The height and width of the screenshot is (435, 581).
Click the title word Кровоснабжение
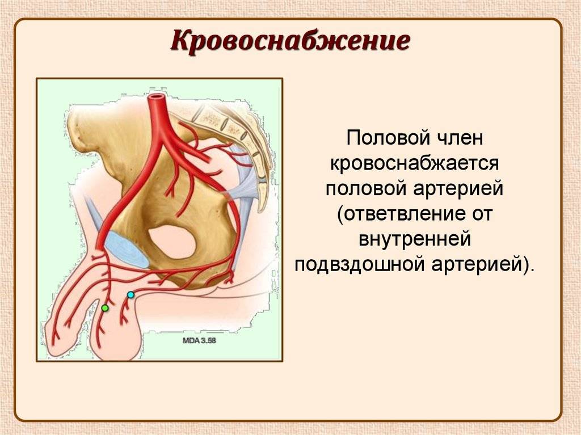click(290, 41)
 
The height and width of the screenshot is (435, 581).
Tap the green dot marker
click(105, 308)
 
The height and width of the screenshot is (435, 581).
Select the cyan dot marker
click(130, 295)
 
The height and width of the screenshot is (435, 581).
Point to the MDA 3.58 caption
click(199, 340)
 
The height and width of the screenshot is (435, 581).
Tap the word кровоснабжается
click(414, 164)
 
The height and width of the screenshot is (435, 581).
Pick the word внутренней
click(415, 239)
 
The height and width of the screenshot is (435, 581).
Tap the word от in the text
click(480, 214)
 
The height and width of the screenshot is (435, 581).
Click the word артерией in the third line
click(458, 189)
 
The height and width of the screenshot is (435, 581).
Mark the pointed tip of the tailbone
click(260, 210)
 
